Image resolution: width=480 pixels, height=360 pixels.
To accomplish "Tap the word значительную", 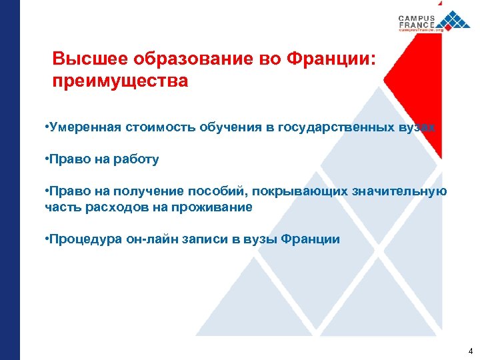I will pyautogui.click(x=402, y=191).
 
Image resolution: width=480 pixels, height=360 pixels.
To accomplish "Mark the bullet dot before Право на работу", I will pyautogui.click(x=47, y=160).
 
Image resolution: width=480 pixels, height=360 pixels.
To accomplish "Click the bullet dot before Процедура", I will pyautogui.click(x=47, y=239).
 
